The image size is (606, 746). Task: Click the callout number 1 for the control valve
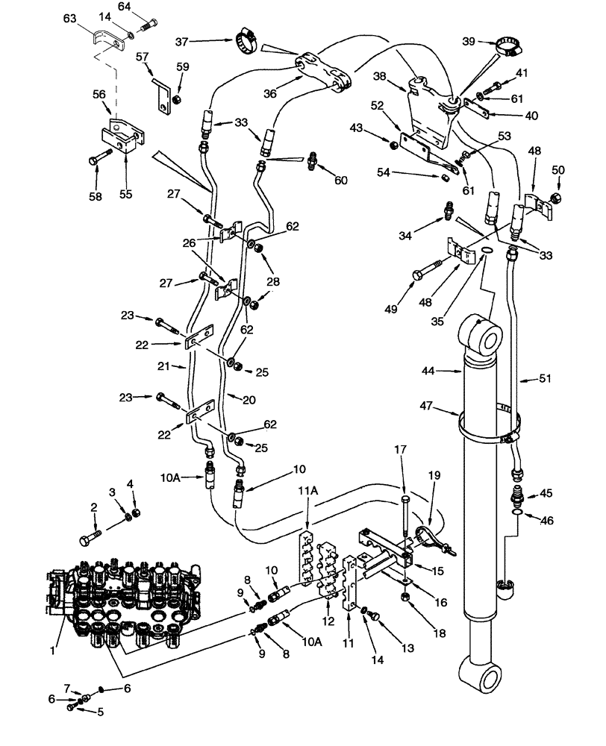pos(53,651)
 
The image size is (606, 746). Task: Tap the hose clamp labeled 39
pos(510,47)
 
